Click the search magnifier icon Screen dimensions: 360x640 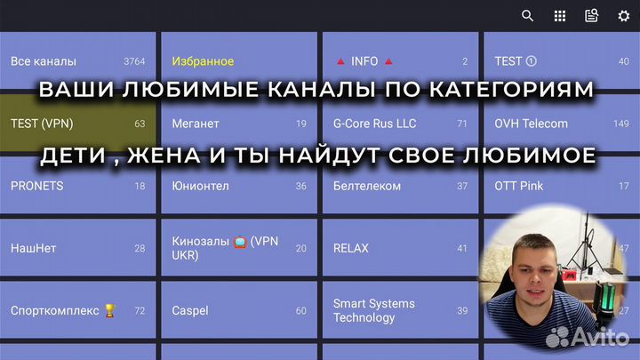point(528,15)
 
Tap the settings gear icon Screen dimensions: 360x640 point(624,15)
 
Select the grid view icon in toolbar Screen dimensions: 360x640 point(560,15)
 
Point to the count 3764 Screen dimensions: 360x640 point(134,61)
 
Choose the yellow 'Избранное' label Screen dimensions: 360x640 point(203,61)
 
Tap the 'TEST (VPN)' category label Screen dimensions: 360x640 point(41,124)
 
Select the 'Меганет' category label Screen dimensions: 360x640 point(196,124)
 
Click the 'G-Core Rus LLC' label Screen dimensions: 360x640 point(374,124)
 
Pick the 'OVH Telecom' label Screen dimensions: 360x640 point(531,124)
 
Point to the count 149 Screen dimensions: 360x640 point(620,124)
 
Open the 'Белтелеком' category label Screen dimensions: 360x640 point(367,186)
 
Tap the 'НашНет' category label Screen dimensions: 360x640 point(33,248)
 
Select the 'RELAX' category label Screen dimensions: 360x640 point(350,248)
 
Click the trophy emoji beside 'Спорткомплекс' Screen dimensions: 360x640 point(110,310)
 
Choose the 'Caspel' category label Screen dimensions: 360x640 point(190,310)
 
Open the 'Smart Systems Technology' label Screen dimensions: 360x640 point(373,310)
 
